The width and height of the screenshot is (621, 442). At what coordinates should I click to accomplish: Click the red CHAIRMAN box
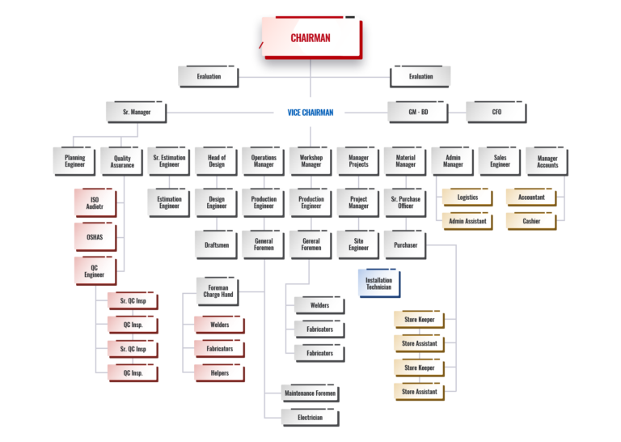tap(311, 38)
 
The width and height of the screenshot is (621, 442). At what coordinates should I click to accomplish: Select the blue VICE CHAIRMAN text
tap(310, 113)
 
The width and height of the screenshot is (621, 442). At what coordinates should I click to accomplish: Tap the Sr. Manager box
tap(137, 113)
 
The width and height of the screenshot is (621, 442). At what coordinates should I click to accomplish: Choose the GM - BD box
tap(418, 113)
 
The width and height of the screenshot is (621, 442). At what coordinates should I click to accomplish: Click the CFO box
tap(496, 113)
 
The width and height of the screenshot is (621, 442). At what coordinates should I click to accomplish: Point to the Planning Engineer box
tap(74, 161)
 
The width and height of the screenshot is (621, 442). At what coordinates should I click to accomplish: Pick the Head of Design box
tap(216, 161)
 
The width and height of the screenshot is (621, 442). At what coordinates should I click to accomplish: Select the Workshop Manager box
tap(310, 161)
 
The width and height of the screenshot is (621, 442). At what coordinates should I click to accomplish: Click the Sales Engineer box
tap(500, 161)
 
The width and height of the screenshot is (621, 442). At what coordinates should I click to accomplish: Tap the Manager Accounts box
tap(547, 161)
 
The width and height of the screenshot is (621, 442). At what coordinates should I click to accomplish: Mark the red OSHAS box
tap(96, 237)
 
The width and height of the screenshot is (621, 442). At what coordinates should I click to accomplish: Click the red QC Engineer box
tap(96, 271)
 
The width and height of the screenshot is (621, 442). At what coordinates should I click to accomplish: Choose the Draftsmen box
tap(216, 244)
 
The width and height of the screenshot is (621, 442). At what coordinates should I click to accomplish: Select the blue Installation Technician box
tap(379, 283)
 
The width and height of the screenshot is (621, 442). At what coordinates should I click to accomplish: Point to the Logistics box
tap(467, 198)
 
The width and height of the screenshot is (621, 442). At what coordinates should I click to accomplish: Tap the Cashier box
tap(531, 221)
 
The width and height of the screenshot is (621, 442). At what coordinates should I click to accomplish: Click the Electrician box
tap(310, 418)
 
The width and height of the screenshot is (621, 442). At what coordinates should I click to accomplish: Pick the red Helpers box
tap(219, 373)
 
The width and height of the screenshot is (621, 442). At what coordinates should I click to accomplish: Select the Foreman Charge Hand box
tap(218, 291)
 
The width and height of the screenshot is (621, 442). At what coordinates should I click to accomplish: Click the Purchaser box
tap(406, 245)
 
